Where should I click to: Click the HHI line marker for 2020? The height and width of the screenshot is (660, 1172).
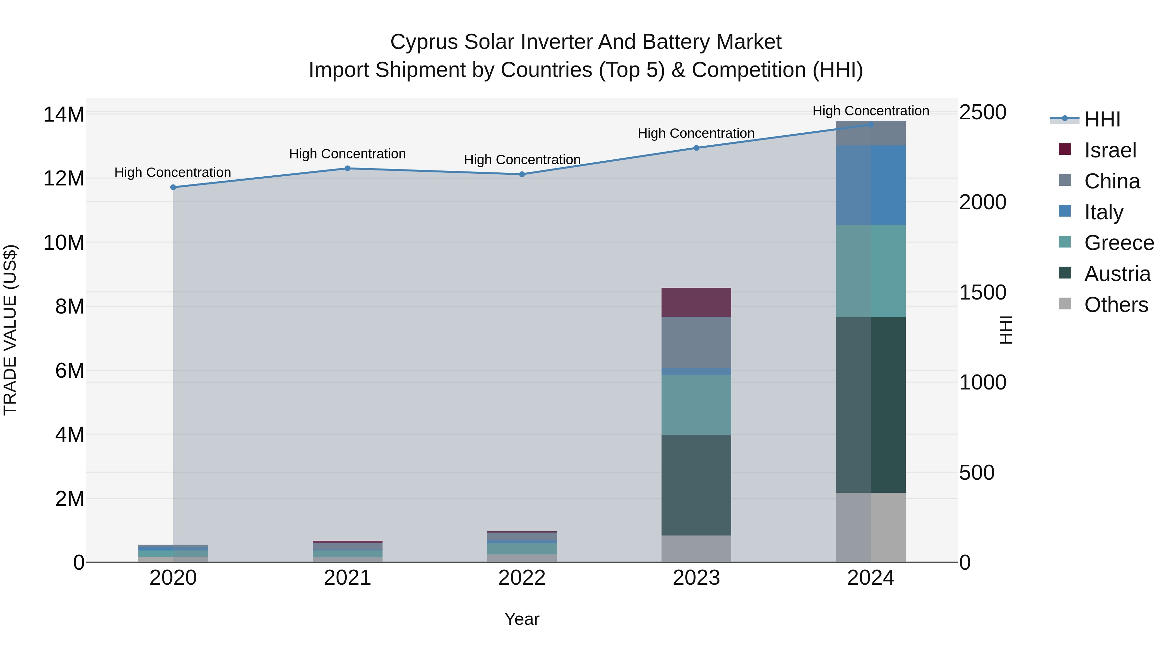173,187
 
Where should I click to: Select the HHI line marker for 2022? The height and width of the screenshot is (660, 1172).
522,174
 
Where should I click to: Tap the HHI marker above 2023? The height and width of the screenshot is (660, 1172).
696,148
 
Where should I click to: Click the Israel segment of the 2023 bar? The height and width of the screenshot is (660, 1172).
696,302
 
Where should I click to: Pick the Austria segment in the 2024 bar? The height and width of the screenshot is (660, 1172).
871,404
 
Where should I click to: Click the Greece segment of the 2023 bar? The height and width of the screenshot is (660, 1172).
696,404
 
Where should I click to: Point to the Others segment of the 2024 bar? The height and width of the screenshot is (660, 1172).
871,527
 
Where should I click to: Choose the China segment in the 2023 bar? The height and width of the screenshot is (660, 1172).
696,342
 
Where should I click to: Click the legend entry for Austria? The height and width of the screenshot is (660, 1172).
1117,274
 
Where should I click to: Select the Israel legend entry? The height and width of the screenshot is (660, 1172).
1110,150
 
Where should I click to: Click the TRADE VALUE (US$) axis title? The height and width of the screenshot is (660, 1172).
10,330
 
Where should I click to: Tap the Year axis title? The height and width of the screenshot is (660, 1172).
522,619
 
